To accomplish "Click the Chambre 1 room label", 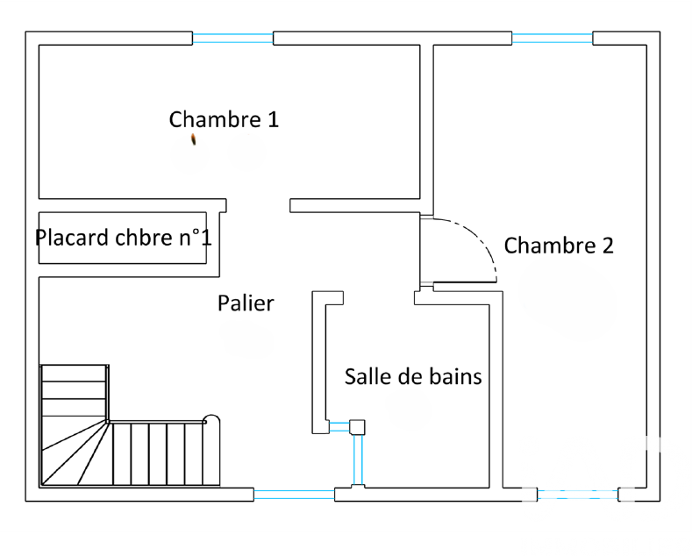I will pyautogui.click(x=224, y=119).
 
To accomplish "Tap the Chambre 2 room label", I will pyautogui.click(x=559, y=246).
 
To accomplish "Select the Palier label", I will pyautogui.click(x=246, y=303).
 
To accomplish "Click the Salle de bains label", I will pyautogui.click(x=412, y=376).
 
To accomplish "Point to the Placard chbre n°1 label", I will pyautogui.click(x=123, y=238).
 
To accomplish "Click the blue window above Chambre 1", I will pyautogui.click(x=232, y=38).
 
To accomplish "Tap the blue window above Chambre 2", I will pyautogui.click(x=553, y=38).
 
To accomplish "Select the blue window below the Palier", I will pyautogui.click(x=294, y=495).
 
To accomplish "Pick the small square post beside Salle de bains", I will pyautogui.click(x=357, y=427).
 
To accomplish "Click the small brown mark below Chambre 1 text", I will pyautogui.click(x=194, y=139).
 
